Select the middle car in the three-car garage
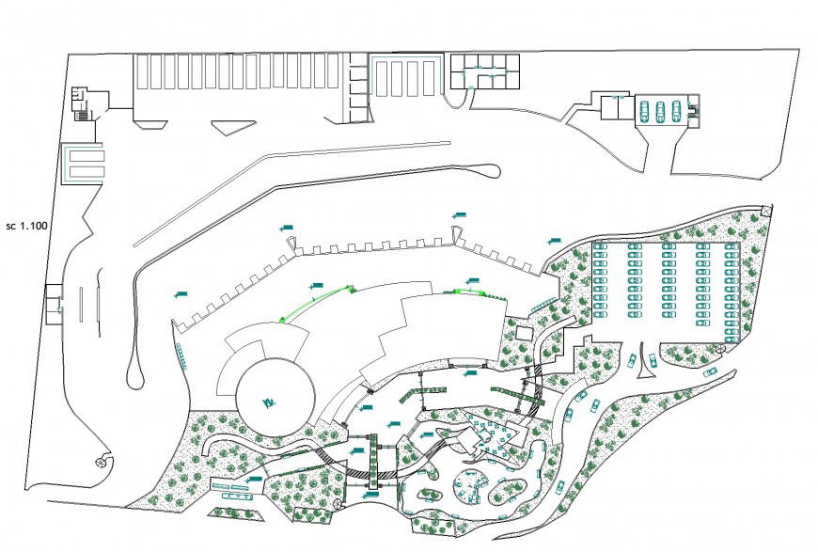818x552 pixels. click(x=661, y=111)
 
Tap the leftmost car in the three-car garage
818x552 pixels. click(x=645, y=111)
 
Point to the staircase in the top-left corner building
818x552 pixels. click(x=82, y=115)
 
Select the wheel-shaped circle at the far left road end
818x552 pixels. click(x=100, y=464)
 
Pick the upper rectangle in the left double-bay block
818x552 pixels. click(x=83, y=153)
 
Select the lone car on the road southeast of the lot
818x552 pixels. click(x=710, y=372)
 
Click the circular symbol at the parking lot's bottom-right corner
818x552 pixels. click(x=721, y=348)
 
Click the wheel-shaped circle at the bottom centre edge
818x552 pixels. click(x=337, y=505)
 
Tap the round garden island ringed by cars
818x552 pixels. click(x=468, y=487)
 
